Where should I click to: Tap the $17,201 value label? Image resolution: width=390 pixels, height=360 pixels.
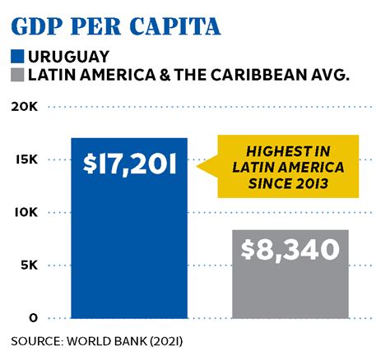tap(129, 164)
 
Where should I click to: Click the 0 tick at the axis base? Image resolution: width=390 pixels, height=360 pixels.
tap(32, 317)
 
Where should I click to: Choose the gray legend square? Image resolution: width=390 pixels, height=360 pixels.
tap(19, 76)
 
